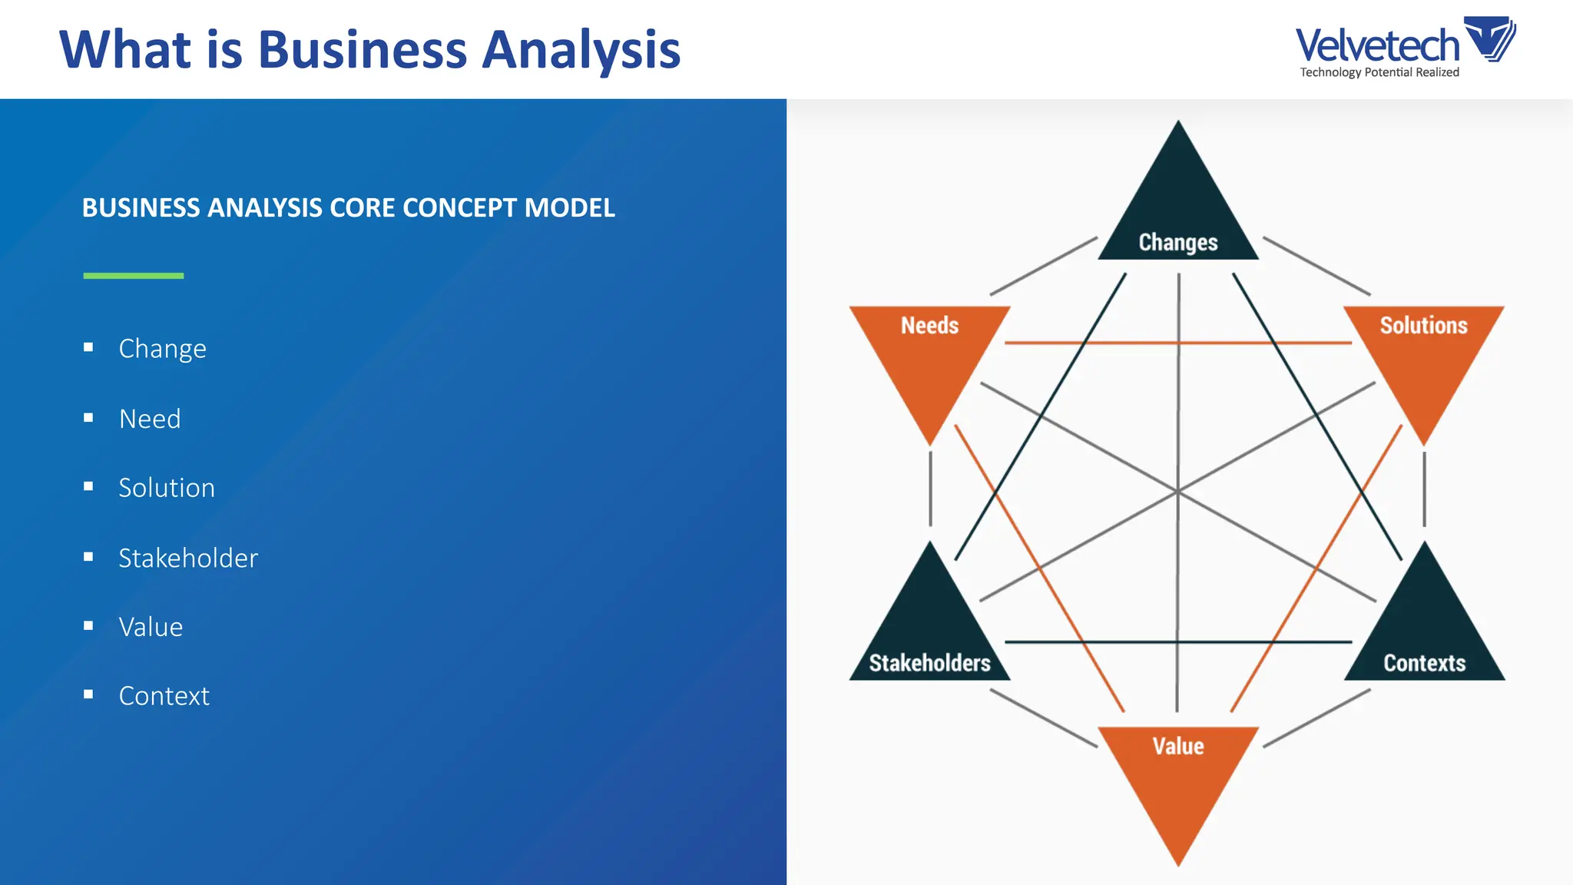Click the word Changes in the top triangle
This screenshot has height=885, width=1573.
coord(1177,243)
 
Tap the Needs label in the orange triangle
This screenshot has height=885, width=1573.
coord(929,326)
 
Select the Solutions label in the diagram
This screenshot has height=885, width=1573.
coord(1423,326)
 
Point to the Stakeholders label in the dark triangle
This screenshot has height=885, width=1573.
coord(929,663)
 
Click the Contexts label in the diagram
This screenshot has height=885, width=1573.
coord(1424,663)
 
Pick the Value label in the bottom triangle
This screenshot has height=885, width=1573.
coord(1177,746)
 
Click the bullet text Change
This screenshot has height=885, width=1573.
coord(162,349)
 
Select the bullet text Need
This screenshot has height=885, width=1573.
coord(150,419)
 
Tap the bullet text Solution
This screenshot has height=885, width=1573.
coord(167,488)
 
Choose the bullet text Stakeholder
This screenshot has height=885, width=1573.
coord(188,558)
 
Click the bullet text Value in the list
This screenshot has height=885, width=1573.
coord(151,627)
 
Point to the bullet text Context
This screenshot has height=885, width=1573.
coord(164,696)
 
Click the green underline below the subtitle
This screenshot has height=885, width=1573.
coord(134,275)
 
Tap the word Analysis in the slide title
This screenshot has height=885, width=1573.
coord(581,51)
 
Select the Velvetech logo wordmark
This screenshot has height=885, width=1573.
coord(1376,45)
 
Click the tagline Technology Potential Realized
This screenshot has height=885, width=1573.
coord(1379,72)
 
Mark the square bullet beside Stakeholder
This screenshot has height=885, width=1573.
coord(88,557)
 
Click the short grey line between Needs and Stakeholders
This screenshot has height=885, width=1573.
coord(930,489)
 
